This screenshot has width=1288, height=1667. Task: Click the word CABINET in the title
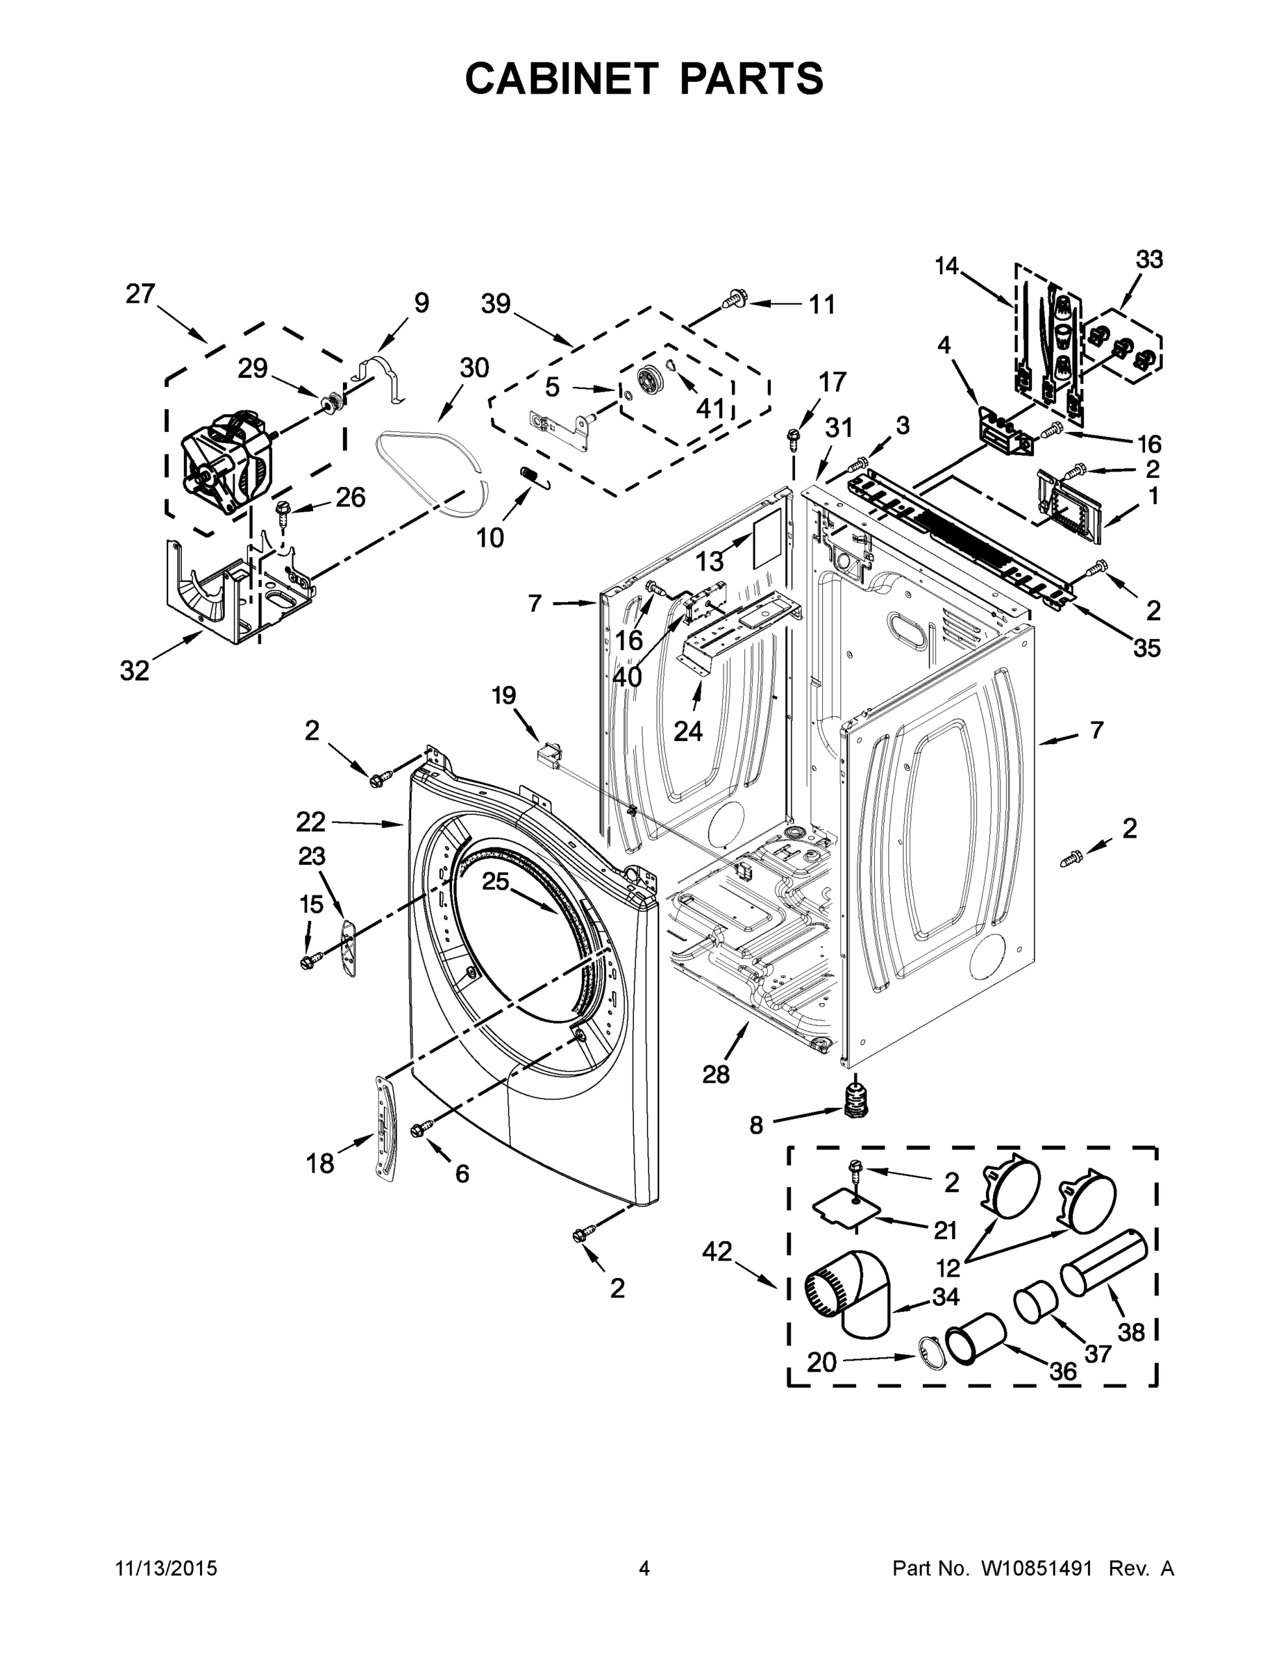coord(562,78)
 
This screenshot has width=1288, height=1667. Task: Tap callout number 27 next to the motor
coord(140,294)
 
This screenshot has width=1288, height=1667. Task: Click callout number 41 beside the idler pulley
coord(710,408)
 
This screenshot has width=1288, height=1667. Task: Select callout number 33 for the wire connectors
coord(1149,260)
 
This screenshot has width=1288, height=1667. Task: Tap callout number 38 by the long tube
coord(1132,1332)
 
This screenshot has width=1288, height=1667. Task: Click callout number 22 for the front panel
coord(310,822)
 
